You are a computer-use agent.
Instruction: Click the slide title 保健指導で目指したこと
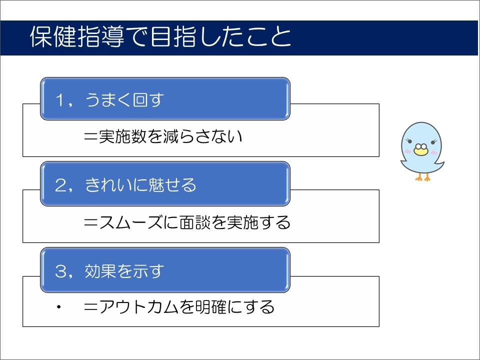pyautogui.click(x=160, y=37)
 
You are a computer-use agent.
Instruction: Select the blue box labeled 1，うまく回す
pyautogui.click(x=165, y=99)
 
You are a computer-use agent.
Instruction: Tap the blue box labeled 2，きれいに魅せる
pyautogui.click(x=165, y=184)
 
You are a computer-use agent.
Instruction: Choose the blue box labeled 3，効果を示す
pyautogui.click(x=165, y=270)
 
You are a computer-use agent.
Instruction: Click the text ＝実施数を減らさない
pyautogui.click(x=163, y=136)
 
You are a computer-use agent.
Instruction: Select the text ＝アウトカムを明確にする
pyautogui.click(x=179, y=306)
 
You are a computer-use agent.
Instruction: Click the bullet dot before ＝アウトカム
pyautogui.click(x=59, y=306)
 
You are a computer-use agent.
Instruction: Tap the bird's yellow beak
pyautogui.click(x=420, y=149)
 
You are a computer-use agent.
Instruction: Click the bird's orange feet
pyautogui.click(x=423, y=176)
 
